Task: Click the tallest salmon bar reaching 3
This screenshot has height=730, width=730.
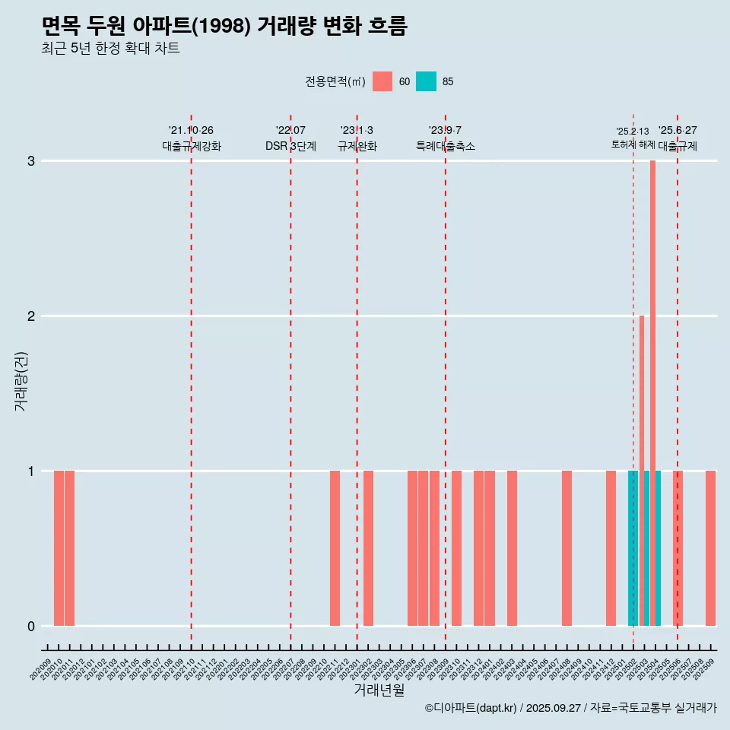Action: tap(652, 380)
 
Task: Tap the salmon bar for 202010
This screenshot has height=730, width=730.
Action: tap(59, 548)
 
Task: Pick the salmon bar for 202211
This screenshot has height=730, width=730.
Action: tap(335, 548)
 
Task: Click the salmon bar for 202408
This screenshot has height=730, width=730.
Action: tap(567, 548)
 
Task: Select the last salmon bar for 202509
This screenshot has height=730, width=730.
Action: tap(710, 548)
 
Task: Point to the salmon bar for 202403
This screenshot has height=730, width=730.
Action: tap(512, 548)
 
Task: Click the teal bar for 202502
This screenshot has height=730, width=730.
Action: tap(633, 548)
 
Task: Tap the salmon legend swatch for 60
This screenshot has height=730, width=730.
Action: tap(382, 81)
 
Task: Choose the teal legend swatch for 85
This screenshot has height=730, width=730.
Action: tap(426, 81)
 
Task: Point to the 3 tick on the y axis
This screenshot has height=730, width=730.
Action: tap(31, 161)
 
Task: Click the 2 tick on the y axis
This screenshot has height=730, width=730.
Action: tap(31, 316)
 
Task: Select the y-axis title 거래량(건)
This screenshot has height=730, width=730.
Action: tap(21, 381)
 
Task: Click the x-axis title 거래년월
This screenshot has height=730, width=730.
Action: tap(379, 690)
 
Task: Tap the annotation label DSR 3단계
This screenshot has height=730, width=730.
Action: tap(290, 146)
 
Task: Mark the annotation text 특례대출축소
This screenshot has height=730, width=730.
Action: tap(445, 146)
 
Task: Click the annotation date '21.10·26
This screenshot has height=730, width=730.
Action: tap(191, 131)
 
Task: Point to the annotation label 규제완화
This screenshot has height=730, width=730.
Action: tap(357, 146)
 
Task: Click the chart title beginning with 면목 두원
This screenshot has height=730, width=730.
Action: tap(224, 27)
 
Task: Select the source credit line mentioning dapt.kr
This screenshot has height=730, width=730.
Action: tap(570, 709)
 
